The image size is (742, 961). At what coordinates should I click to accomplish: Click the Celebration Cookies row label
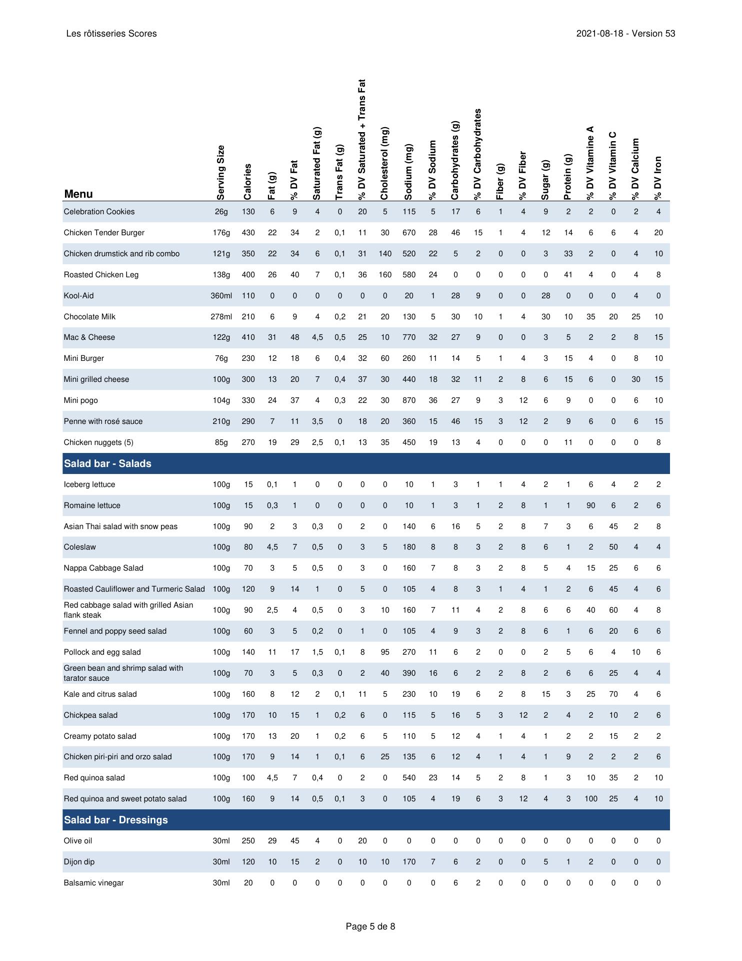pos(99,212)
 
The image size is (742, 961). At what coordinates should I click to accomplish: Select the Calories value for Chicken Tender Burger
pos(248,233)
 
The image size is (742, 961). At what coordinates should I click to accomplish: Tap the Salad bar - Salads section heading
pos(107,463)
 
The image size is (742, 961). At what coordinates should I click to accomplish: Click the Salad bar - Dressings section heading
pos(115,820)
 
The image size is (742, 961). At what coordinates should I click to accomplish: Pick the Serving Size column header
pos(221,173)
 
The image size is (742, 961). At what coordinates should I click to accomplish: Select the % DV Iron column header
pos(658,178)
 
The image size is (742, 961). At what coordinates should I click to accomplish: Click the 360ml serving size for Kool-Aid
pos(221,296)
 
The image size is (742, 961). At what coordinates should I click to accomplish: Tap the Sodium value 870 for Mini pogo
pos(409,400)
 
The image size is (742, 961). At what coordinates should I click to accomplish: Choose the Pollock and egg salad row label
pos(102,652)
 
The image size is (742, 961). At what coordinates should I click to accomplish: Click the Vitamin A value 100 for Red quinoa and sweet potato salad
pos(590,799)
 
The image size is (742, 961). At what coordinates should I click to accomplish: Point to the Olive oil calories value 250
pos(248,841)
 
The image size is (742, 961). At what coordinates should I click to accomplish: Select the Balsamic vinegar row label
pos(93,883)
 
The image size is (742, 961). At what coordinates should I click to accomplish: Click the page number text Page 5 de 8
pos(370,926)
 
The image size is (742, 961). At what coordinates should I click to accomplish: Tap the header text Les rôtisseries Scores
pos(111,34)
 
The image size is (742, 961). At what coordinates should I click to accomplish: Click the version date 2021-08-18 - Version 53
pos(625,34)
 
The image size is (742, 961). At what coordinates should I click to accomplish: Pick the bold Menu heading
pos(78,194)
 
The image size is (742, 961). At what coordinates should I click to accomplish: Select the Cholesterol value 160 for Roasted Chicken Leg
pos(384,275)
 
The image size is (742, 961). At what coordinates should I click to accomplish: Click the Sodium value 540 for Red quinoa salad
pos(409,778)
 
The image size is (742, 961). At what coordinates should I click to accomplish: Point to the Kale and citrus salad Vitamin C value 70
pos(613,694)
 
